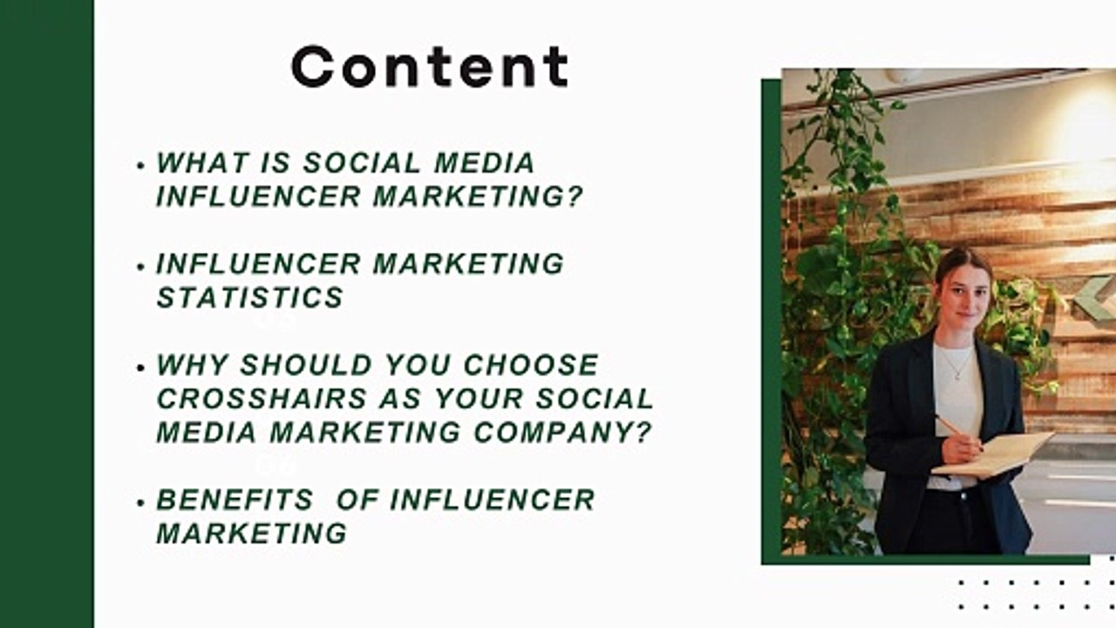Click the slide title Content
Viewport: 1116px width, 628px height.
pyautogui.click(x=429, y=66)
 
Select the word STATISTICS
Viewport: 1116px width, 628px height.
pyautogui.click(x=249, y=297)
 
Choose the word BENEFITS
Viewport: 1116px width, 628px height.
pyautogui.click(x=235, y=500)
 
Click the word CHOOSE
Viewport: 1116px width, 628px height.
pyautogui.click(x=531, y=365)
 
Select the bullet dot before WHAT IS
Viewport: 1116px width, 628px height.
pyautogui.click(x=141, y=165)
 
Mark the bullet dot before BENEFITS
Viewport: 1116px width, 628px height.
pyautogui.click(x=141, y=502)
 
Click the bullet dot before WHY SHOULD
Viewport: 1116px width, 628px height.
pyautogui.click(x=141, y=366)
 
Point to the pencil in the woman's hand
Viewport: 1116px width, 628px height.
pyautogui.click(x=952, y=428)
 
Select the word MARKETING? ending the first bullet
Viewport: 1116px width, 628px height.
pyautogui.click(x=478, y=197)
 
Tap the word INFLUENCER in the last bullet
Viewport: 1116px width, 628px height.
pyautogui.click(x=492, y=500)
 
